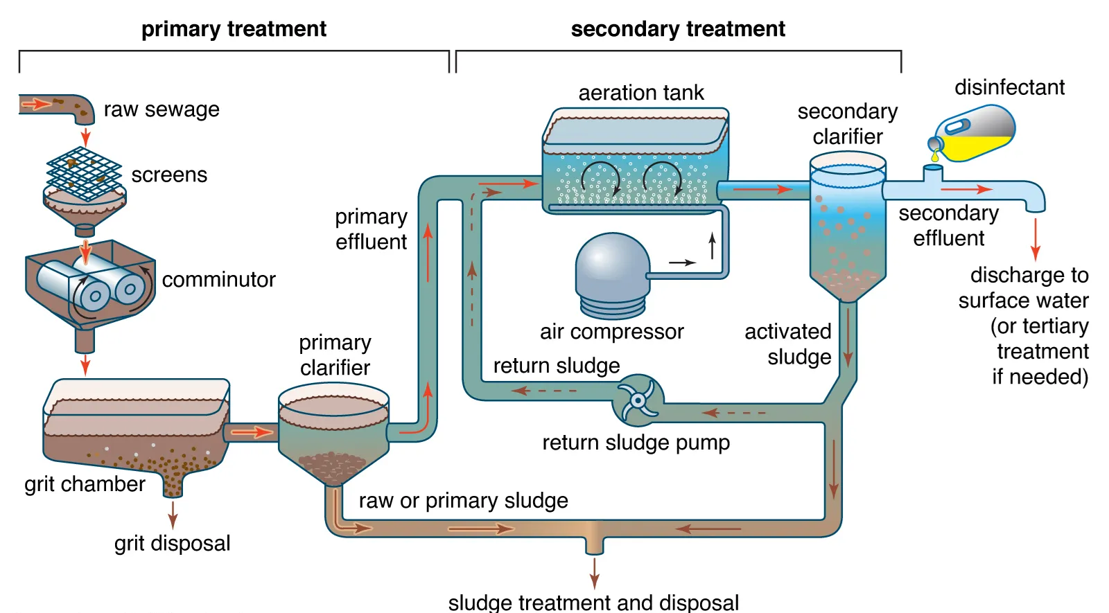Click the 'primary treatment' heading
pyautogui.click(x=234, y=29)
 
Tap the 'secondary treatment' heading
pyautogui.click(x=677, y=29)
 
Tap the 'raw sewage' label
pyautogui.click(x=161, y=109)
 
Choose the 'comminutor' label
pyautogui.click(x=218, y=280)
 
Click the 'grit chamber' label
pyautogui.click(x=85, y=483)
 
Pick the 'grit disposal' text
pyautogui.click(x=172, y=543)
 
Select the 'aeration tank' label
pyautogui.click(x=640, y=93)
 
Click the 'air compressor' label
pyautogui.click(x=611, y=332)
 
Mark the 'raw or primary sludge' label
pyautogui.click(x=463, y=500)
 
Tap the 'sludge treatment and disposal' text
pyautogui.click(x=593, y=602)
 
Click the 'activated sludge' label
pyautogui.click(x=789, y=344)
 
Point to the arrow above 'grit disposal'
pyautogui.click(x=173, y=515)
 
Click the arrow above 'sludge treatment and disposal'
pyautogui.click(x=594, y=572)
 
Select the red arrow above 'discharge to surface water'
pyautogui.click(x=1035, y=239)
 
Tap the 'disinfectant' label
pyautogui.click(x=1009, y=87)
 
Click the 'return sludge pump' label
pyautogui.click(x=636, y=443)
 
